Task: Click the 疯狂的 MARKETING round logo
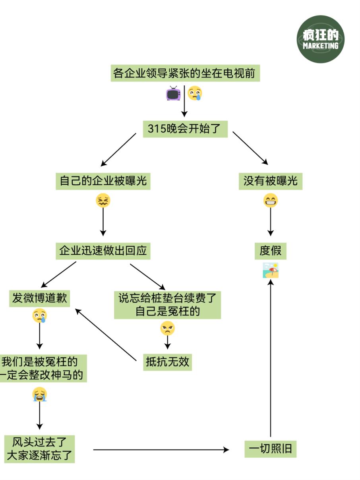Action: (x=320, y=39)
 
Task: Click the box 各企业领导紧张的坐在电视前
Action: (x=185, y=74)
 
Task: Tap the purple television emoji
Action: (x=173, y=93)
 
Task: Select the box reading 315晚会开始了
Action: (x=185, y=129)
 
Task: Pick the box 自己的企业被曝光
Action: (x=103, y=181)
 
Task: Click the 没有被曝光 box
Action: (x=270, y=181)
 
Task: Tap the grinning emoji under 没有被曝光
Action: (x=271, y=201)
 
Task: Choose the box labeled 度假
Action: (x=270, y=251)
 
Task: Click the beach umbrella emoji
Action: (x=271, y=270)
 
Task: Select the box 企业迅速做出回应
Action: (x=103, y=251)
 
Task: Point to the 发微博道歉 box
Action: (x=39, y=299)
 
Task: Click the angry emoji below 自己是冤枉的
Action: (x=167, y=329)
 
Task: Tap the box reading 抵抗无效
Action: (x=167, y=362)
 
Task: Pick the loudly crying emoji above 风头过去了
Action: (x=39, y=395)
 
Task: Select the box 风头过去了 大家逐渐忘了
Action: (x=40, y=449)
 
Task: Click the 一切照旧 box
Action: (x=270, y=449)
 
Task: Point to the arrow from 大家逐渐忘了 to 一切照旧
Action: (x=161, y=450)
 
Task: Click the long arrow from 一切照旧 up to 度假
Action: (x=271, y=358)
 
